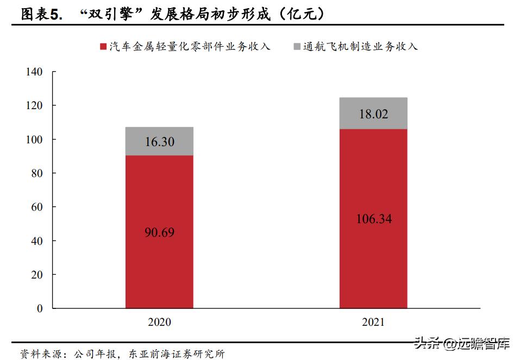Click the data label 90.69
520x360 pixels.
[x=159, y=232]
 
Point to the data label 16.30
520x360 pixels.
[x=159, y=142]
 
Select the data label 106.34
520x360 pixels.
[x=374, y=219]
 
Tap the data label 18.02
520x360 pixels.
[x=374, y=114]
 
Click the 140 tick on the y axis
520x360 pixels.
[x=34, y=72]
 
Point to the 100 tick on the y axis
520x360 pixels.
[x=34, y=140]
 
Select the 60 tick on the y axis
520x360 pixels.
[x=36, y=207]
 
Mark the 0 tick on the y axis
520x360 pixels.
[x=39, y=308]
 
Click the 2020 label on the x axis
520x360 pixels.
[x=159, y=322]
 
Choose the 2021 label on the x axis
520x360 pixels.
[x=373, y=322]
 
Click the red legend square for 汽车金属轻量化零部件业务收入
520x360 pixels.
[x=103, y=47]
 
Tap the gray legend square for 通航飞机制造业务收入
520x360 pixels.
[x=297, y=47]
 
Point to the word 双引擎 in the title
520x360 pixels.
[x=112, y=15]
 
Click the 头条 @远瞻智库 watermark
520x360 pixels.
[x=462, y=344]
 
